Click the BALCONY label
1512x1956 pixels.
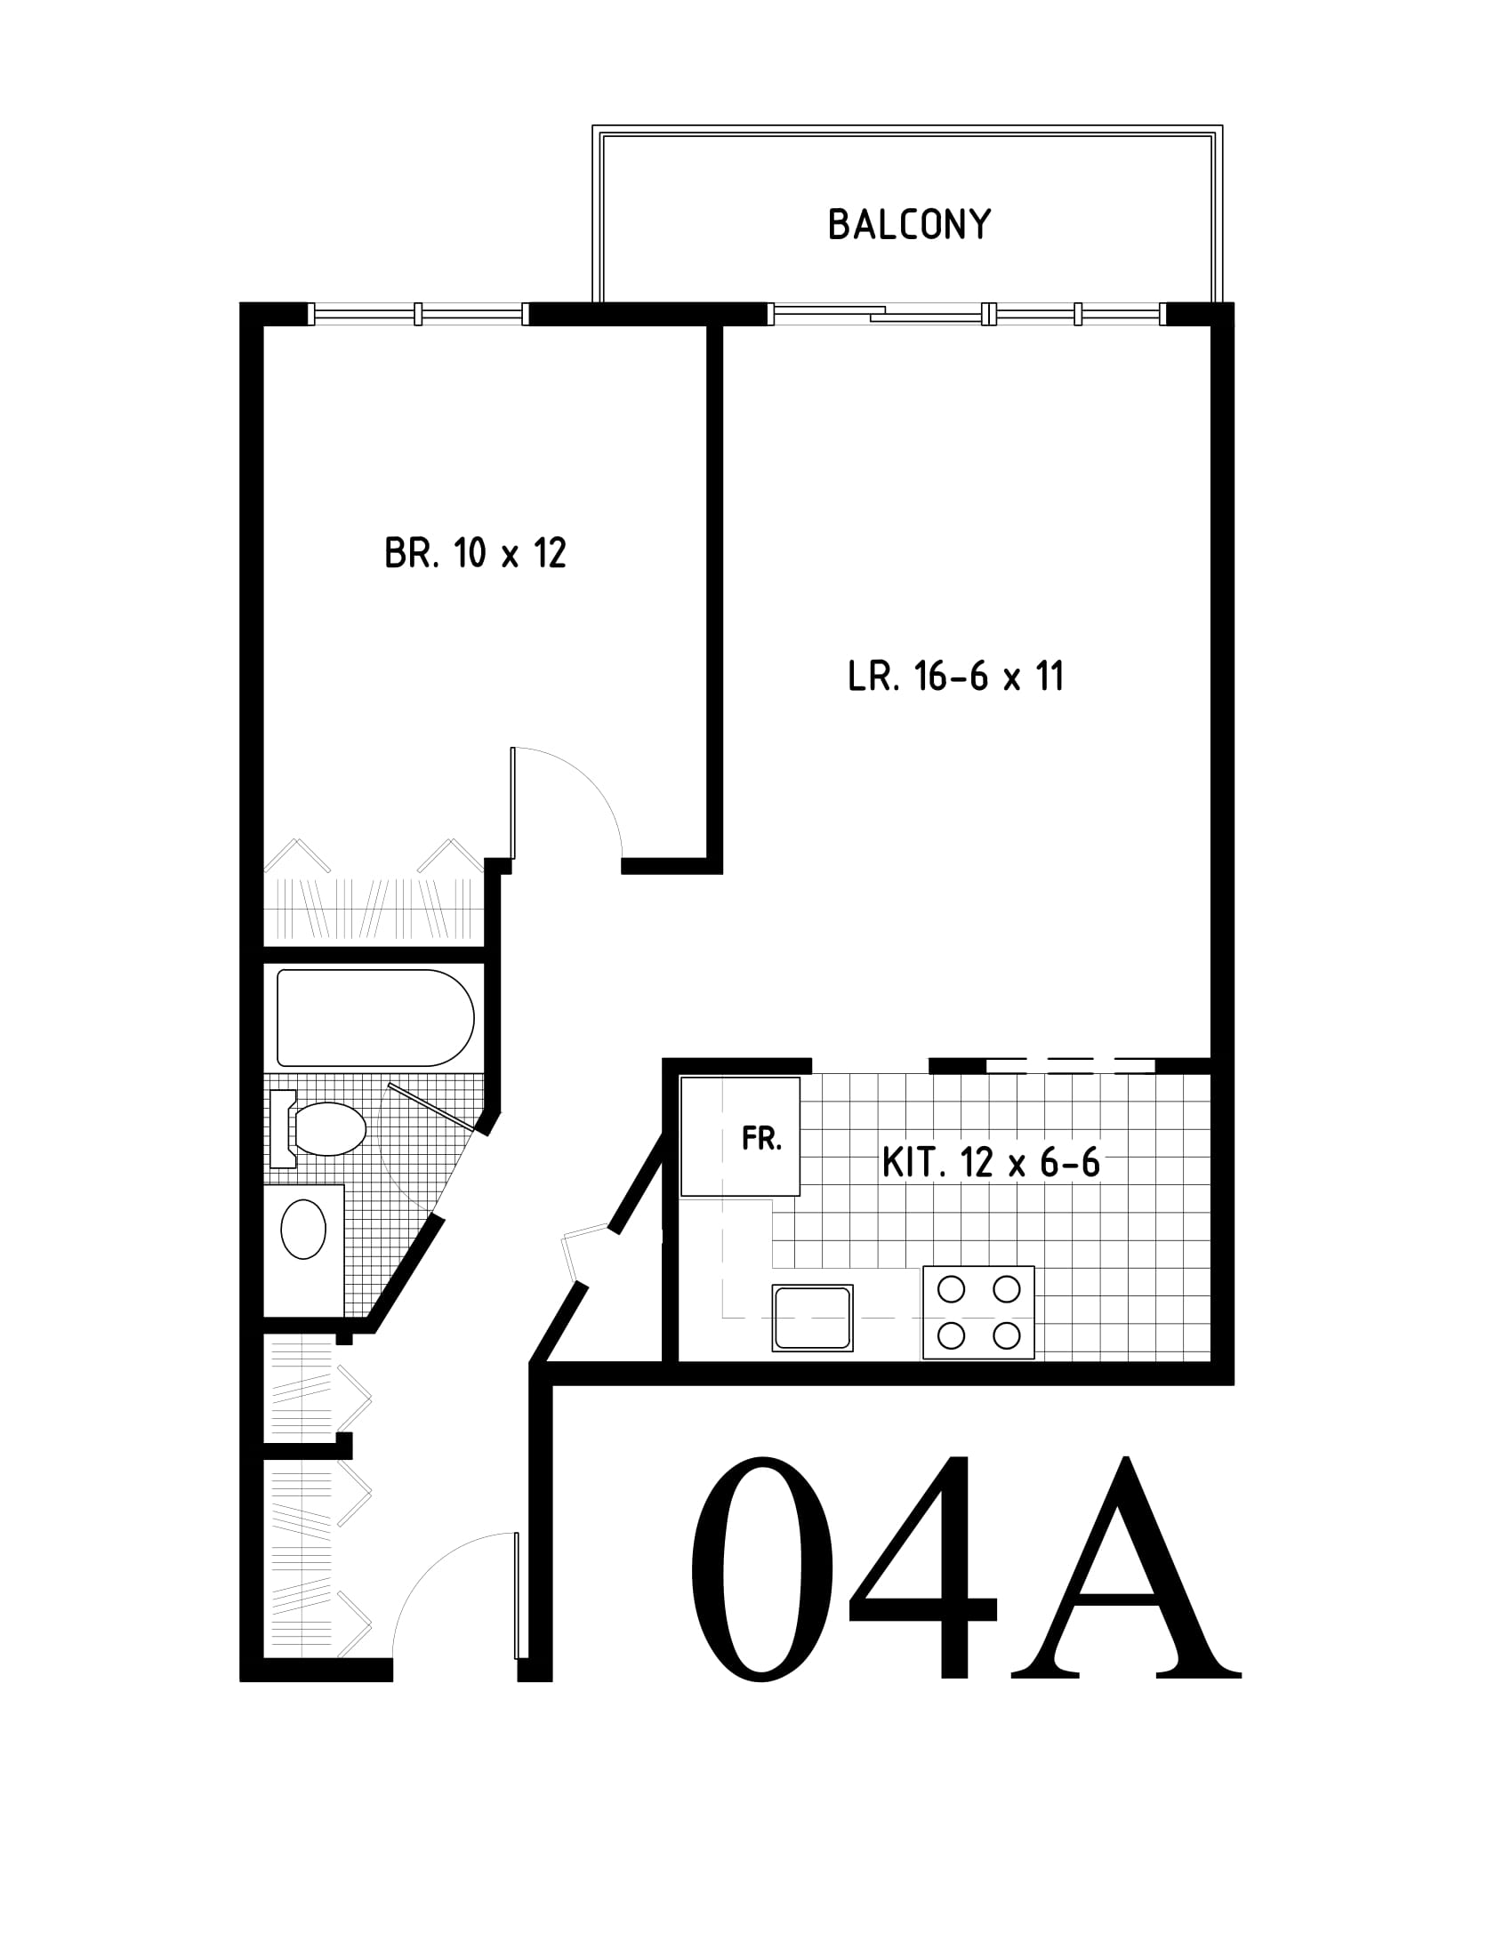(909, 225)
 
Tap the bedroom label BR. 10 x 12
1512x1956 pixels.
(476, 554)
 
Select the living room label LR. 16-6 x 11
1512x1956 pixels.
(956, 677)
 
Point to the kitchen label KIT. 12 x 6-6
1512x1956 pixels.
(991, 1163)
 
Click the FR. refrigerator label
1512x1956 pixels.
(762, 1138)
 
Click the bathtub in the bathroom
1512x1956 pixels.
(375, 1017)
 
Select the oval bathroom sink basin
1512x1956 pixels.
(303, 1230)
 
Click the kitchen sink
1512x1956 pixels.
(812, 1318)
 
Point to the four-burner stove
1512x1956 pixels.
(978, 1312)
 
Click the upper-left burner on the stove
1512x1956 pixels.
(951, 1289)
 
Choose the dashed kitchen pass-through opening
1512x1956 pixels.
(1070, 1066)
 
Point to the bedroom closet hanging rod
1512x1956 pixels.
(374, 909)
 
